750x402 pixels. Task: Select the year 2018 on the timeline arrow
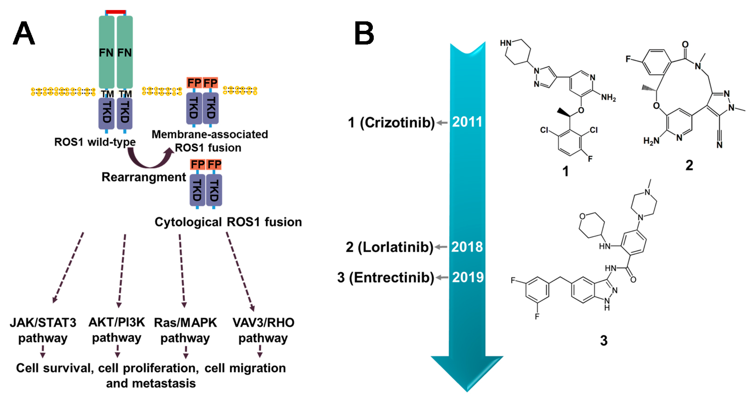point(467,247)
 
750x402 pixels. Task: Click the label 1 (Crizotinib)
point(391,123)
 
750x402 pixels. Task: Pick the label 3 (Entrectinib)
point(385,278)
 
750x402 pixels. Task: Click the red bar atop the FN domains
point(116,12)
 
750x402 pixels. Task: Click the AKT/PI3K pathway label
point(117,330)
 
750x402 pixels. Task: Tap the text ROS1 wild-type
point(95,142)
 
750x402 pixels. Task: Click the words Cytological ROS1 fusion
point(228,222)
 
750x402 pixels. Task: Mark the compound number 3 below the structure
point(603,341)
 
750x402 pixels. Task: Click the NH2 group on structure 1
point(608,98)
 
